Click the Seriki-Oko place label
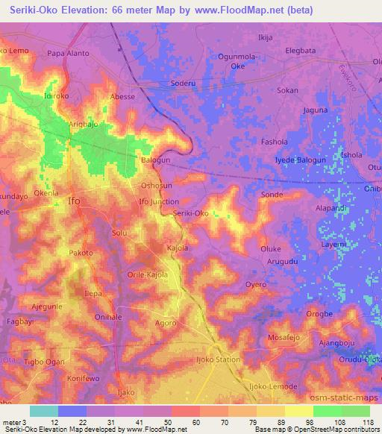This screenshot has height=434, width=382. [191, 213]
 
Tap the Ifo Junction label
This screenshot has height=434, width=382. [159, 201]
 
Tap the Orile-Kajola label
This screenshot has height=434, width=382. [147, 274]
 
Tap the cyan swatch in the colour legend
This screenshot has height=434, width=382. [44, 411]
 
